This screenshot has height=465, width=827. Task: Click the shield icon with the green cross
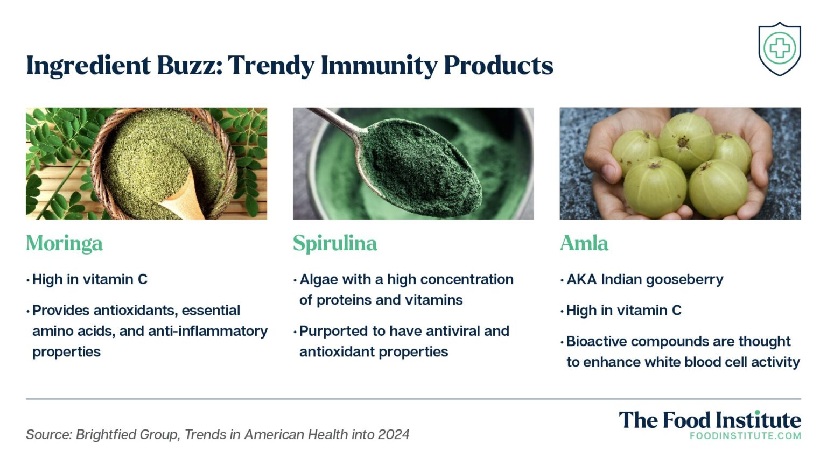(x=779, y=48)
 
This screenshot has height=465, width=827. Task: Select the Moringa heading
(x=64, y=243)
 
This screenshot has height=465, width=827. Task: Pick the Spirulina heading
(x=334, y=243)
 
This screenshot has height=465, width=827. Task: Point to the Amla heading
(x=584, y=243)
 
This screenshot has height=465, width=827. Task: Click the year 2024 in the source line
(x=394, y=434)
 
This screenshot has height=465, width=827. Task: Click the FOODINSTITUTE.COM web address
(x=745, y=436)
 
